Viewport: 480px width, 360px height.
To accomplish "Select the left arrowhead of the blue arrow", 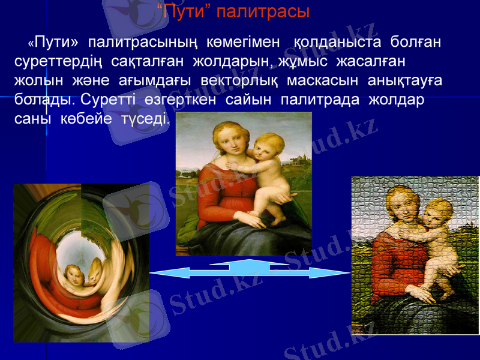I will (157, 274).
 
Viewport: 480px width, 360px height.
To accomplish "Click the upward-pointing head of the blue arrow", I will (249, 263).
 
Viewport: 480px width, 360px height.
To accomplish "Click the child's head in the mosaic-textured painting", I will (439, 213).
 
